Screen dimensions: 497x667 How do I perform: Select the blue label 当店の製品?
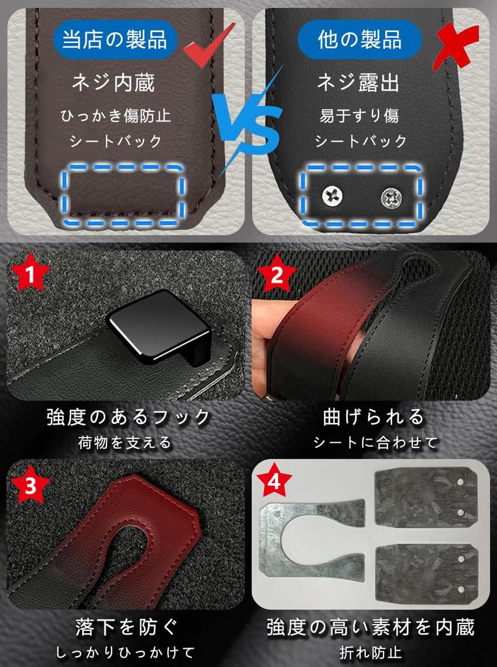(115, 39)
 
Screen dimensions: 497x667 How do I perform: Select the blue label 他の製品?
(359, 39)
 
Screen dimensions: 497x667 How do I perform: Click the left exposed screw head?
(332, 196)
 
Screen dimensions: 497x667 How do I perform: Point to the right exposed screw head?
(391, 198)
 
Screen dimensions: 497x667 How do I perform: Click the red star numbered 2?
(277, 275)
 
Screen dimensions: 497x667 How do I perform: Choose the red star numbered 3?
(30, 485)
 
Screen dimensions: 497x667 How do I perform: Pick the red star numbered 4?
(274, 481)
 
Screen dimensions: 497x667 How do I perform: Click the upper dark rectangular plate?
(425, 497)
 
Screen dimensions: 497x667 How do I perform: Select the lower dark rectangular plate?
(426, 573)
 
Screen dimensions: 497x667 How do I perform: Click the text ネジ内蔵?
(113, 82)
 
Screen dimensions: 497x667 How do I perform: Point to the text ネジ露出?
(358, 82)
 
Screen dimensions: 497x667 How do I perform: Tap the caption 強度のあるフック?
(128, 417)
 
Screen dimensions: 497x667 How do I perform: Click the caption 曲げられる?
(374, 417)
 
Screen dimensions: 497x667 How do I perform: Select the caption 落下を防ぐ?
(127, 627)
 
